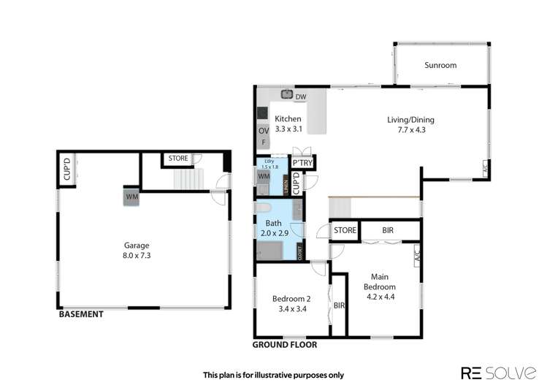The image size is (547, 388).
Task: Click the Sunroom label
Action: (x=440, y=65)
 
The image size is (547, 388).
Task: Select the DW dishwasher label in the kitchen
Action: (x=301, y=96)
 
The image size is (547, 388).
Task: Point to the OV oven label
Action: (x=263, y=131)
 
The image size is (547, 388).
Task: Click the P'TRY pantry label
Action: (x=302, y=163)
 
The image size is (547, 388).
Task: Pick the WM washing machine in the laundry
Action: (x=263, y=176)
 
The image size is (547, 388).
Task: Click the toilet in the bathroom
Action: (x=266, y=209)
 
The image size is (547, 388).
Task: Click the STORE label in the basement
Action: (x=178, y=158)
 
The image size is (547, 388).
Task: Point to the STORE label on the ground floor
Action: (x=345, y=231)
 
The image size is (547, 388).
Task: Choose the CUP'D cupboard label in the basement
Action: (x=66, y=170)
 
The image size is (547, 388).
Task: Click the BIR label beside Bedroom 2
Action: (x=338, y=306)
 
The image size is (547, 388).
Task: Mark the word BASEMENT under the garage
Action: (x=81, y=315)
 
